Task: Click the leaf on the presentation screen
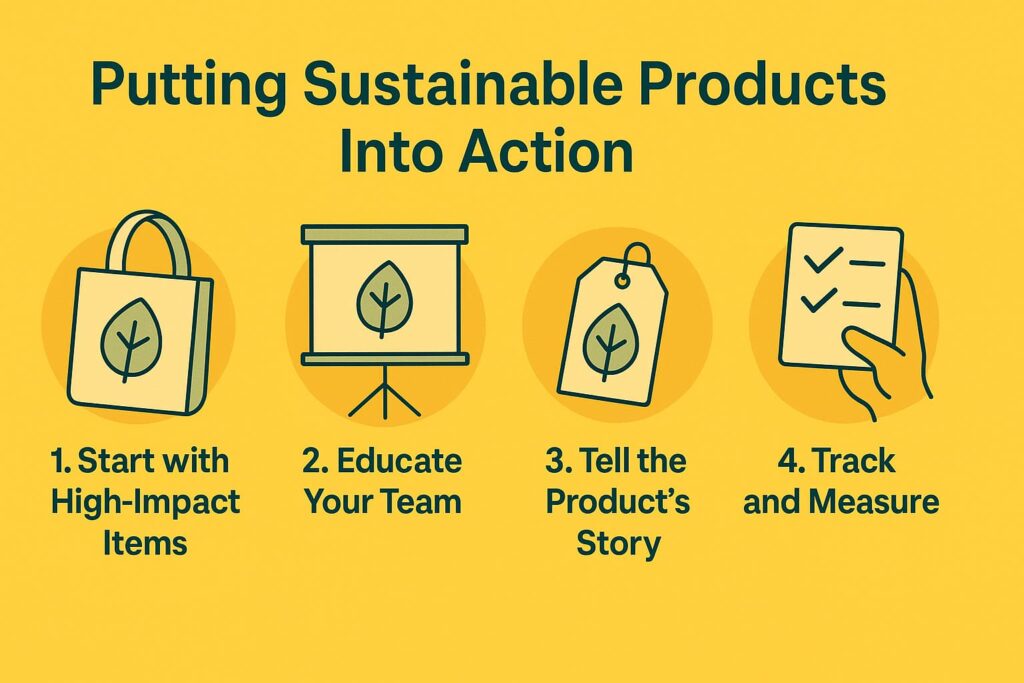click(384, 299)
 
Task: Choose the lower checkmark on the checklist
click(819, 300)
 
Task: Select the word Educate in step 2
click(400, 461)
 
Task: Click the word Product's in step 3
click(617, 502)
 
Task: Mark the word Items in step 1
click(145, 543)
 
